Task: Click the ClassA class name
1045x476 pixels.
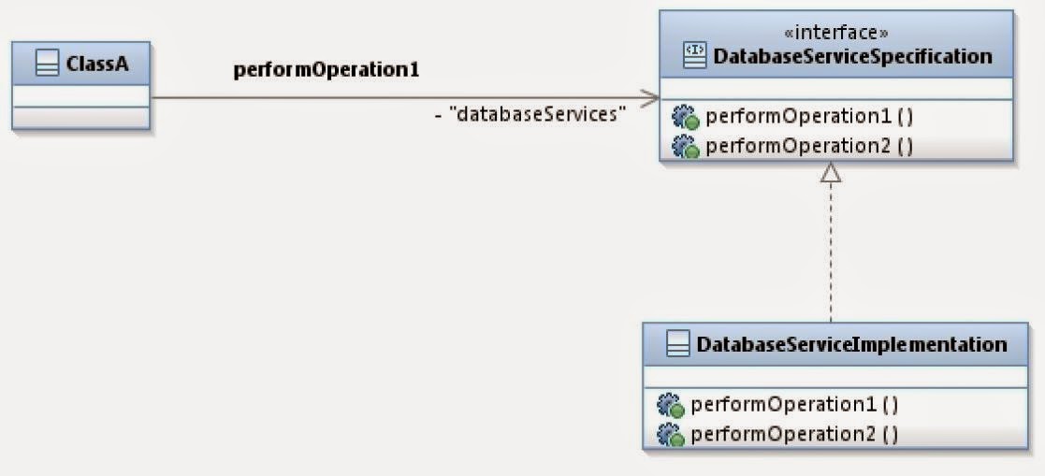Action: [x=91, y=65]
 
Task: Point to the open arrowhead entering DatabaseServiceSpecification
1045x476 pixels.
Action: [x=649, y=97]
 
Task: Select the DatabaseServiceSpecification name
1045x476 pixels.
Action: [x=852, y=56]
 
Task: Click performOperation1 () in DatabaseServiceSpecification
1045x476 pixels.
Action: [x=809, y=117]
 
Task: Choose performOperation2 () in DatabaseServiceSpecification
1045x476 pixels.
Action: [x=809, y=146]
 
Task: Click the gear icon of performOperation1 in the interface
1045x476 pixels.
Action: [x=686, y=118]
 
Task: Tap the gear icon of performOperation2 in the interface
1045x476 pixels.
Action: [x=686, y=147]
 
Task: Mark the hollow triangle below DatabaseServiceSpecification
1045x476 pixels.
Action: [x=831, y=172]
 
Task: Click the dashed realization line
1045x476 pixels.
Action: [x=831, y=252]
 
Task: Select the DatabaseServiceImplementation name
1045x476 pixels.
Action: [x=851, y=344]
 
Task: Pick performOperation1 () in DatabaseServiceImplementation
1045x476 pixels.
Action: [x=794, y=405]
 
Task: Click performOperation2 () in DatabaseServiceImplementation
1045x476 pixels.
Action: [x=794, y=434]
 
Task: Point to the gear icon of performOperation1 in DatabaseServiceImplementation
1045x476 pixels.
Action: [x=671, y=406]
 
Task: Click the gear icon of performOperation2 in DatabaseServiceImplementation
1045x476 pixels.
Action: [x=671, y=435]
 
